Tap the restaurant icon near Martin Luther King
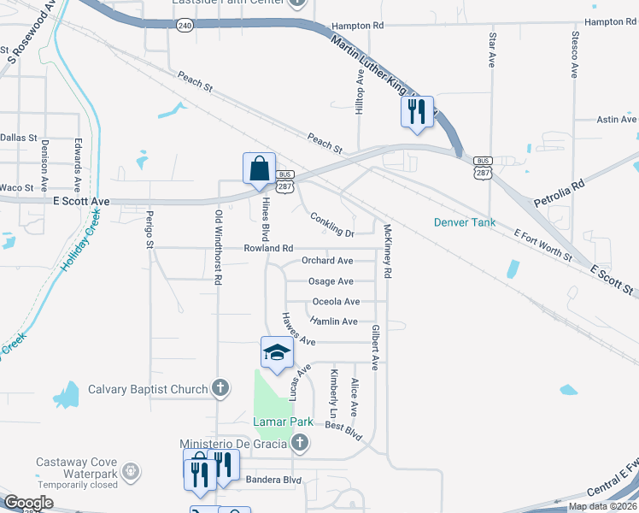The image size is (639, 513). (417, 111)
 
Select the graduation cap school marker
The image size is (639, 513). (277, 353)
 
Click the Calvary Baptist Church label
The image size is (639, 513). (148, 390)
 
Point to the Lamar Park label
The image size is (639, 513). (278, 422)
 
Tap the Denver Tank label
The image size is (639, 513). (464, 223)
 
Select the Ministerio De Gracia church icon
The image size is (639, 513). (299, 443)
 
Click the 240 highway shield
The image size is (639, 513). (185, 26)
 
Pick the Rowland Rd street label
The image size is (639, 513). (268, 248)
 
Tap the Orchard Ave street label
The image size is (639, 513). (327, 261)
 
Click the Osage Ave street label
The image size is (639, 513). (331, 281)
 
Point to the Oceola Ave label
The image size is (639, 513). (336, 302)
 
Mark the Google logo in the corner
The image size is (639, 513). (28, 503)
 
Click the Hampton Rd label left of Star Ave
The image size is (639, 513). (351, 27)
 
